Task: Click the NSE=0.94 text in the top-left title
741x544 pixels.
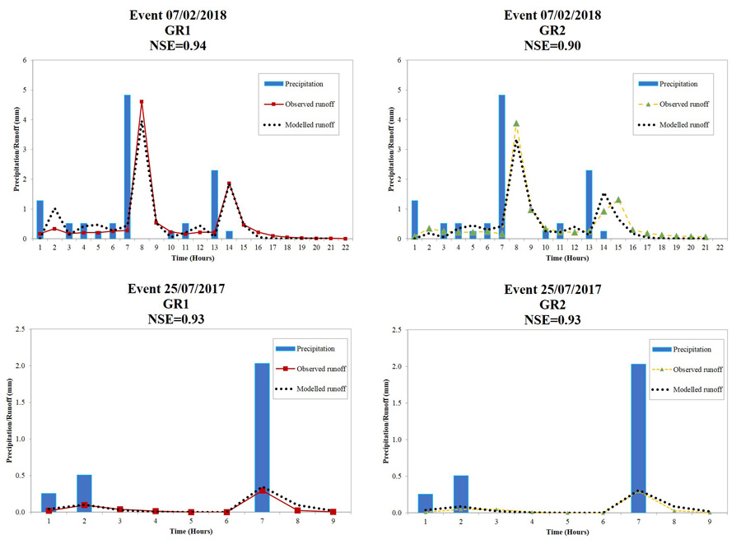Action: click(179, 46)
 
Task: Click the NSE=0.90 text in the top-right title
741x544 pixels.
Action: click(553, 46)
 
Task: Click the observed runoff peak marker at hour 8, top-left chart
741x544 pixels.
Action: click(142, 102)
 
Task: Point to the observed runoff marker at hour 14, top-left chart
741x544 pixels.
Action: click(229, 184)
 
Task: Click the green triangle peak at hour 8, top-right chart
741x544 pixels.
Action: click(516, 123)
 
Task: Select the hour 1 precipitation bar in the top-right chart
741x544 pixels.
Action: click(415, 219)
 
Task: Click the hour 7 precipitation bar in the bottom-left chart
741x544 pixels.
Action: click(263, 437)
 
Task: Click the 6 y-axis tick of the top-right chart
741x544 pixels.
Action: click(399, 60)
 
